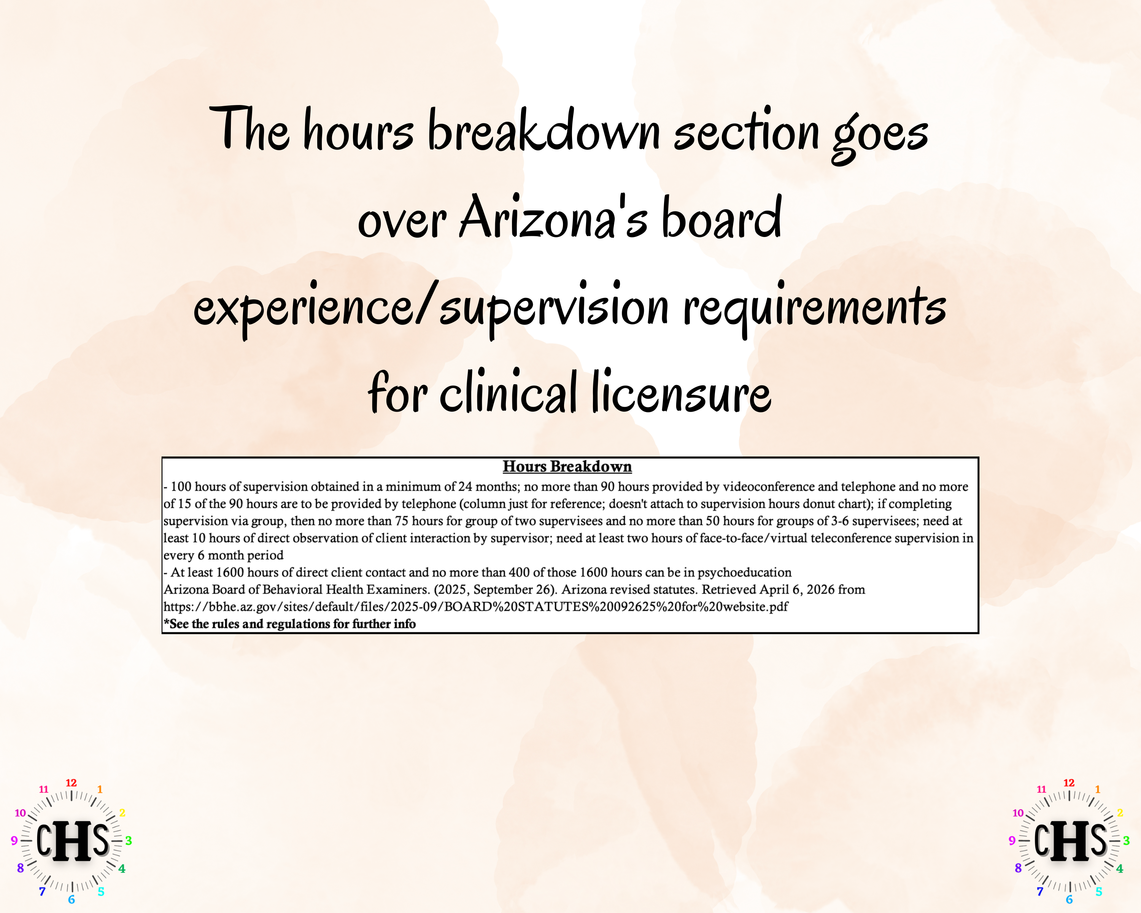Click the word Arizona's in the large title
(x=553, y=218)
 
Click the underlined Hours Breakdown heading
(x=567, y=466)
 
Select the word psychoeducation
(x=744, y=572)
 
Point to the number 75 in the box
(x=402, y=521)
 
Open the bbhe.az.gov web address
(x=475, y=606)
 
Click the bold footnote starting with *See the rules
(x=289, y=624)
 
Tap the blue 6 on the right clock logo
(x=1069, y=900)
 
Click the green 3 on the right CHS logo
(x=1126, y=840)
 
